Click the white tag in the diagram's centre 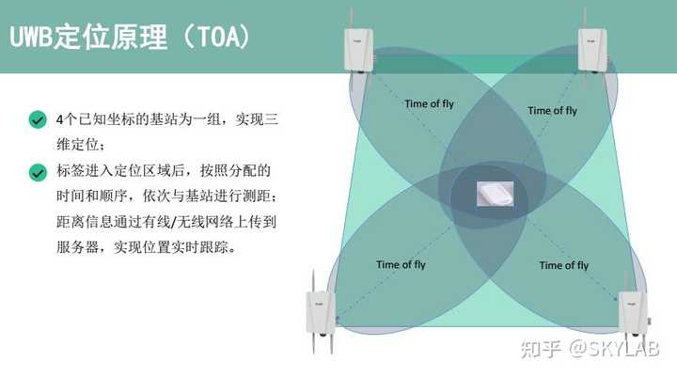point(496,193)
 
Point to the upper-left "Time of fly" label point(429,103)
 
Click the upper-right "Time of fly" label point(552,111)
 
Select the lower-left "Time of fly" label point(401,265)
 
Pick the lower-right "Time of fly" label point(563,265)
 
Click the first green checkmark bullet point(38,120)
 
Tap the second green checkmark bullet point(38,172)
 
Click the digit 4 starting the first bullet point(60,120)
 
